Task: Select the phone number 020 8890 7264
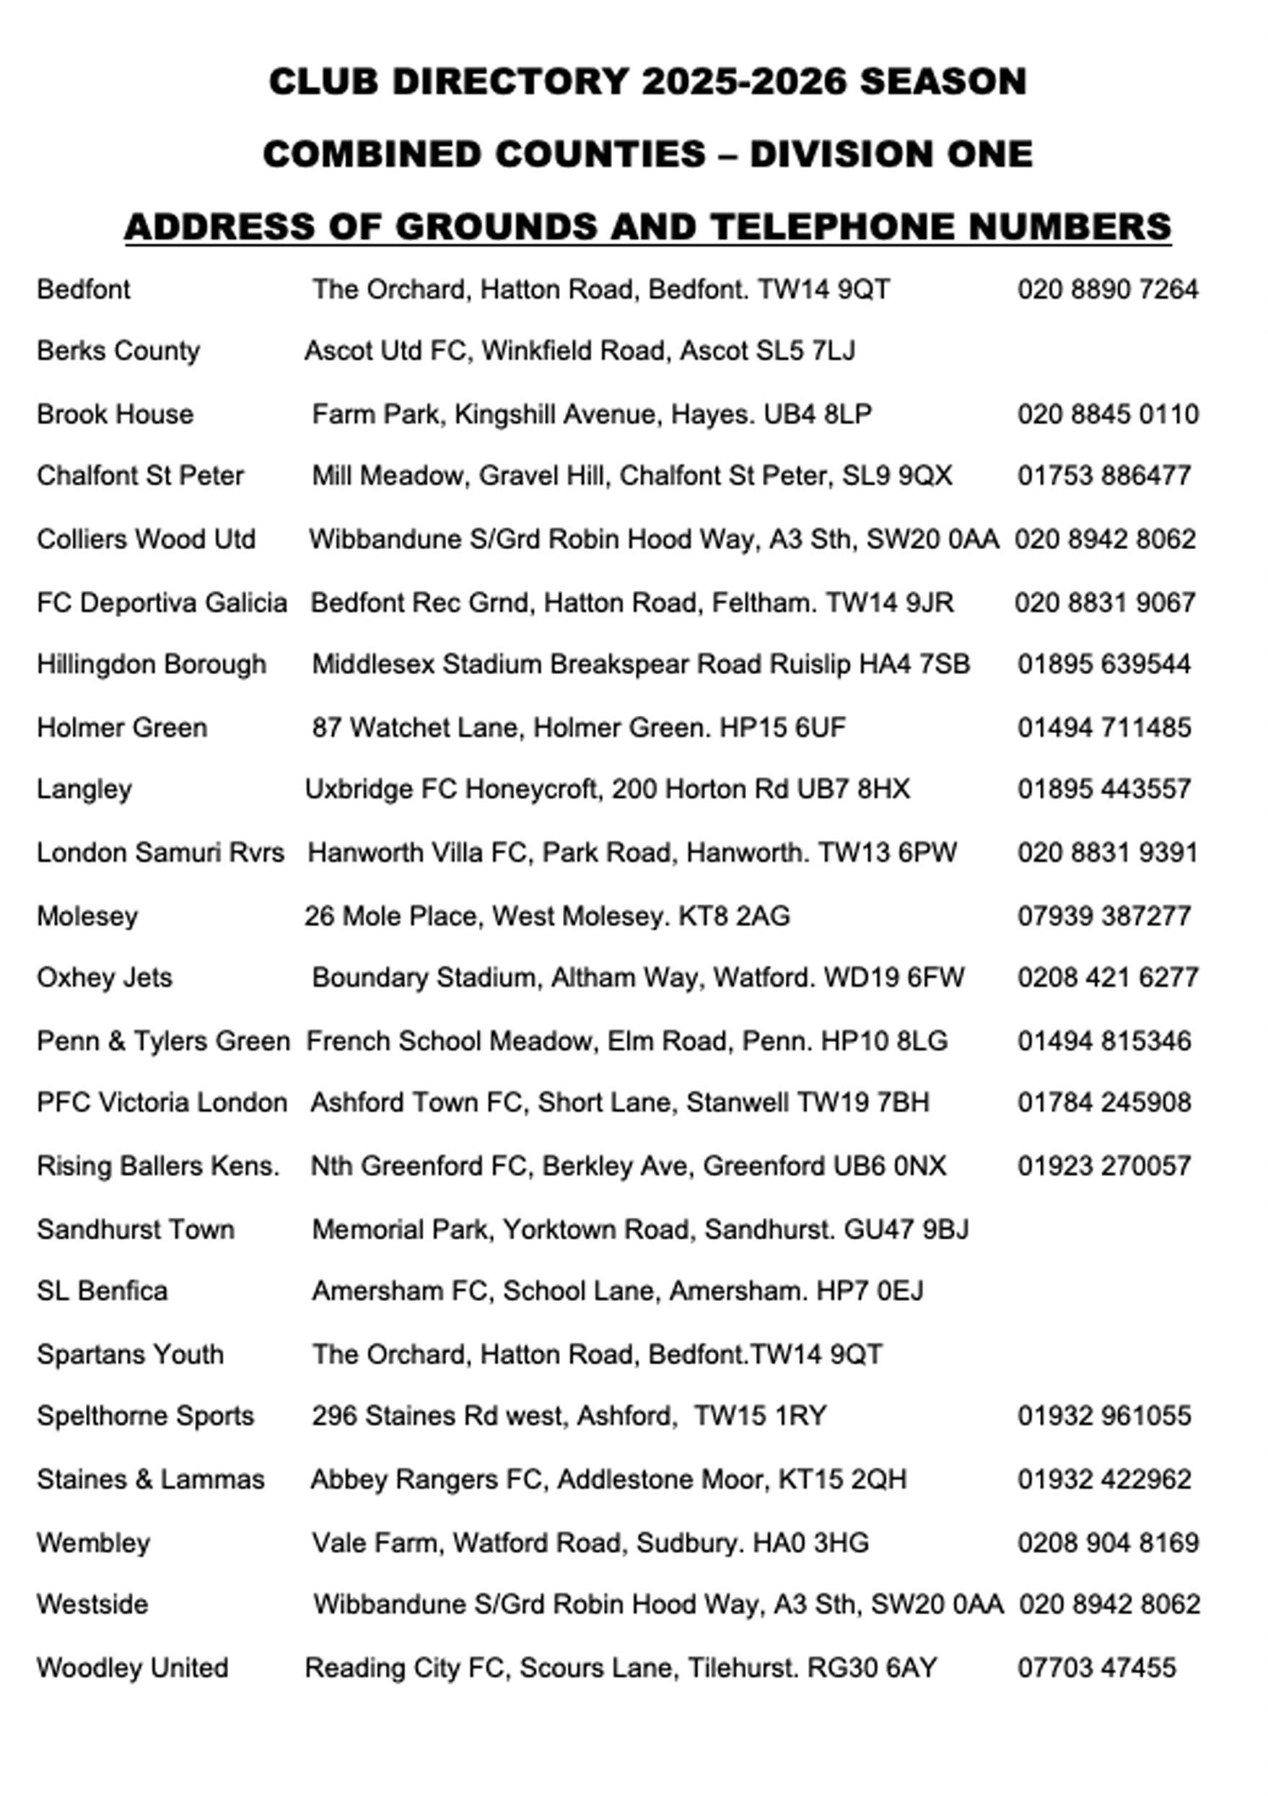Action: [1107, 290]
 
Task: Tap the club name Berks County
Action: [118, 351]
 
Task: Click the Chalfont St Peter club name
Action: [140, 476]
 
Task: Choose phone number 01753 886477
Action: [1103, 476]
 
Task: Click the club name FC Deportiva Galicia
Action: [162, 603]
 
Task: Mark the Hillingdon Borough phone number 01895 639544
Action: [1103, 665]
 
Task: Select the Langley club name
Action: [84, 790]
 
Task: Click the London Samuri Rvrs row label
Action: [160, 853]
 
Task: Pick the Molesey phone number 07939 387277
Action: [1103, 916]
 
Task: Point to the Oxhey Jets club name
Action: [104, 978]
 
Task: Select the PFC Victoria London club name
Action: [162, 1103]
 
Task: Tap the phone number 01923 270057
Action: [1103, 1166]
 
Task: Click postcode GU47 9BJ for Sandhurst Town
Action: [906, 1230]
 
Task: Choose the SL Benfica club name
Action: [102, 1292]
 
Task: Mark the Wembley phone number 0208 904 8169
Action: [1108, 1543]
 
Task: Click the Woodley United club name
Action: [132, 1668]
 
